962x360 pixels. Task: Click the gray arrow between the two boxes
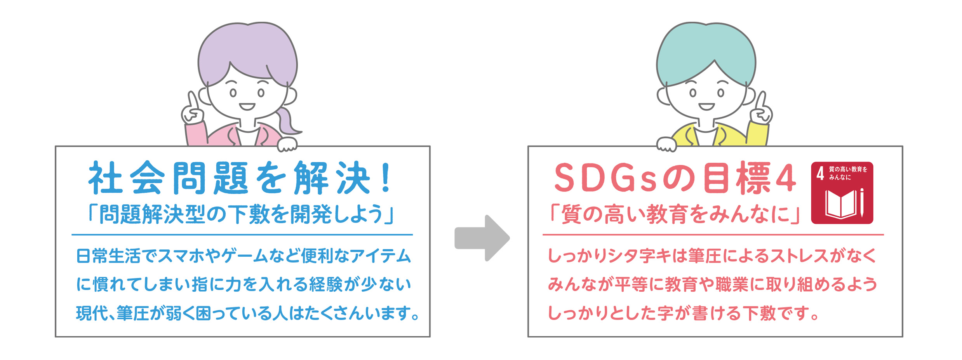coord(482,238)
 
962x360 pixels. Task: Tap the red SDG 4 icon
coord(842,193)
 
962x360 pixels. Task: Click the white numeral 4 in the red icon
coord(820,174)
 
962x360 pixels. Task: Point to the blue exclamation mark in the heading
coord(386,178)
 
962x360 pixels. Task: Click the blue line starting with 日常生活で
coord(244,256)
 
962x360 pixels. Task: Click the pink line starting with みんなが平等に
coord(712,285)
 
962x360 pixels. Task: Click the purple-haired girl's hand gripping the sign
coord(287,144)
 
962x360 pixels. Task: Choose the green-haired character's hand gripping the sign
coord(666,144)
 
